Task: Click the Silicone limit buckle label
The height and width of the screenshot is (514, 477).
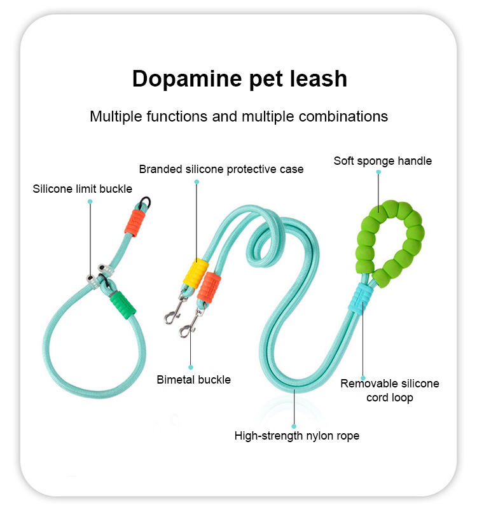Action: tap(83, 189)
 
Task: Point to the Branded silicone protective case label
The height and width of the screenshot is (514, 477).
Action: tap(221, 169)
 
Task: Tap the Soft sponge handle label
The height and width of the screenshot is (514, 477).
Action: tap(383, 161)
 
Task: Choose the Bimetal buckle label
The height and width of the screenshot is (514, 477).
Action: tap(194, 380)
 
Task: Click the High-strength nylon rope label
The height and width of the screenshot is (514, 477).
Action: tap(297, 436)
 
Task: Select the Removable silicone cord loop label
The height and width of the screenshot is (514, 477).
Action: tap(390, 391)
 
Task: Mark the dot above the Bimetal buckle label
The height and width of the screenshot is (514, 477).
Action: tap(191, 366)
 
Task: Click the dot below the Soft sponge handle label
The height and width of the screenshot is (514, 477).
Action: tap(378, 171)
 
